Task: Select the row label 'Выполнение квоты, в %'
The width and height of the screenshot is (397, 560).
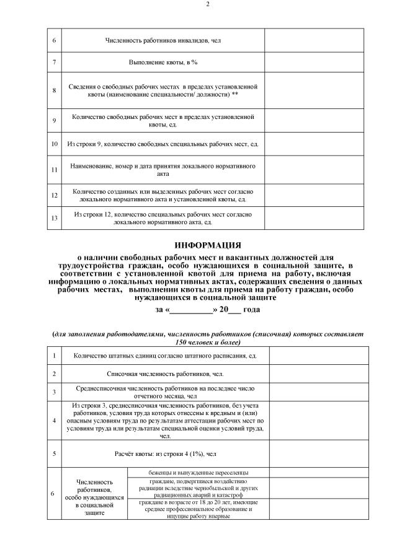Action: coord(163,63)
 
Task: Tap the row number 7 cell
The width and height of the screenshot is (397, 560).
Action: coord(55,63)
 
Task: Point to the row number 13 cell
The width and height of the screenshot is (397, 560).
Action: coord(55,217)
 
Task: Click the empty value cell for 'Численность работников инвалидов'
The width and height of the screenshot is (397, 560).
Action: coord(308,40)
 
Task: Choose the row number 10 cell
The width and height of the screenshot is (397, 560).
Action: coord(55,144)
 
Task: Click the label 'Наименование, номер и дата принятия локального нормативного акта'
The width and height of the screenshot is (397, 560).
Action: coord(163,170)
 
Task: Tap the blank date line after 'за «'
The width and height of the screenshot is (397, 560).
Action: coord(190,309)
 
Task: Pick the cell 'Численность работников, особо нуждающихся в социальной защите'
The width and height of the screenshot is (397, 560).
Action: coord(94,497)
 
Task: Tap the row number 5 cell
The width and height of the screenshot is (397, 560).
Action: coord(55,453)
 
